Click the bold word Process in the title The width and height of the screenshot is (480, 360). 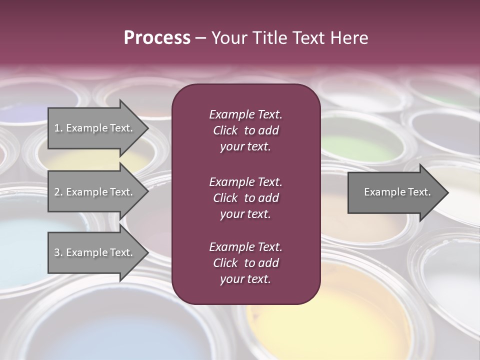157,38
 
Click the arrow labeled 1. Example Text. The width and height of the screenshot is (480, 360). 95,128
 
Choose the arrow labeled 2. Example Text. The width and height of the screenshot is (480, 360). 95,192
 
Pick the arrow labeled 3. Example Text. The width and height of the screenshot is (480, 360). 95,252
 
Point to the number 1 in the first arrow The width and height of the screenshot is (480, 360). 56,128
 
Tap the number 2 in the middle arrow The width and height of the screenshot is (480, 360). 56,192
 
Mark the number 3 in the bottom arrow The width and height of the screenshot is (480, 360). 56,252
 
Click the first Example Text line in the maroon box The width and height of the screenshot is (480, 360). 245,114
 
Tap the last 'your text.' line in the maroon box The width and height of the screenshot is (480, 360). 245,279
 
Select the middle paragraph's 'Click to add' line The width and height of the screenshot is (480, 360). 245,198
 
